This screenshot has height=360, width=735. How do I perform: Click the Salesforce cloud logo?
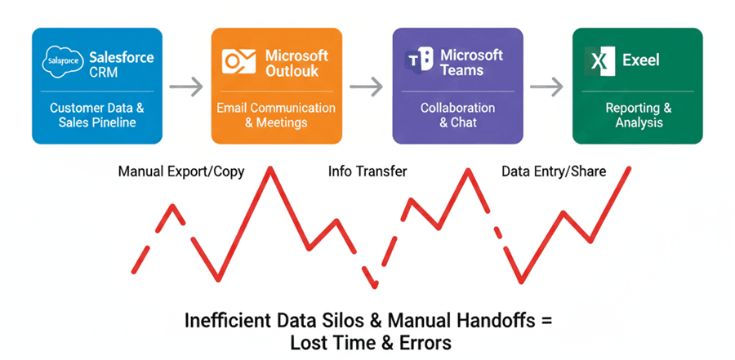click(x=62, y=61)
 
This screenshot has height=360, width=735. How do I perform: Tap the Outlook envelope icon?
click(x=239, y=61)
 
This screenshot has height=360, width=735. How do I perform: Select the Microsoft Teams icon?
click(x=419, y=59)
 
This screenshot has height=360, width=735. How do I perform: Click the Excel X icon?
click(x=599, y=61)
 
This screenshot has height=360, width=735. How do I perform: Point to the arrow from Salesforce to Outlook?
click(x=186, y=87)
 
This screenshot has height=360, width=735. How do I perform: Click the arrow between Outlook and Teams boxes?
click(x=366, y=87)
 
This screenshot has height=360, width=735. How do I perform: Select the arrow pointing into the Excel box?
click(x=546, y=87)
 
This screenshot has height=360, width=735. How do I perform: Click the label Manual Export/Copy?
click(x=181, y=171)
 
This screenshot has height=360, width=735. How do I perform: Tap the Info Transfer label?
click(x=367, y=171)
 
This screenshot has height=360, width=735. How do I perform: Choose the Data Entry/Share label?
click(x=554, y=171)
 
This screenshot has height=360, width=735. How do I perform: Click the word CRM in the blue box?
click(x=104, y=73)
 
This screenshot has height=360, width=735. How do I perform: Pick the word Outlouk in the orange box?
click(x=292, y=71)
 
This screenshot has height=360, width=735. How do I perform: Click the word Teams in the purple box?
click(x=461, y=70)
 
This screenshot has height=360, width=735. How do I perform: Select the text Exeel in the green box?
click(x=641, y=60)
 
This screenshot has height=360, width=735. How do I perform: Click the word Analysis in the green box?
click(x=639, y=122)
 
